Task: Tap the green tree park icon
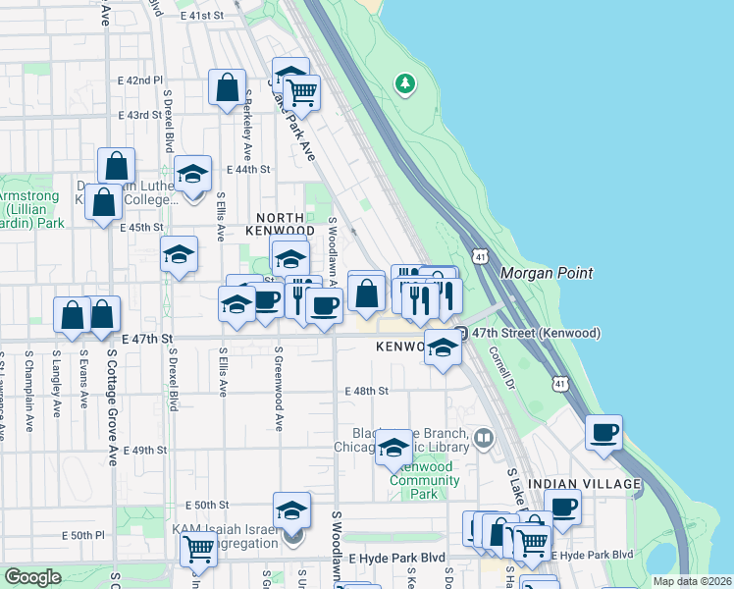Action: click(405, 83)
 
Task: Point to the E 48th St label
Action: click(367, 391)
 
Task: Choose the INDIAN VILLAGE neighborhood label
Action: click(584, 484)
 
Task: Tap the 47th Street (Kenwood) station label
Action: click(536, 334)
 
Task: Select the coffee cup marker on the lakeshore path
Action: click(604, 432)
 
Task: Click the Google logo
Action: click(32, 577)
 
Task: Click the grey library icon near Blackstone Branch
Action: click(483, 437)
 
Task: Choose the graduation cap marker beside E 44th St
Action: click(193, 174)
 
